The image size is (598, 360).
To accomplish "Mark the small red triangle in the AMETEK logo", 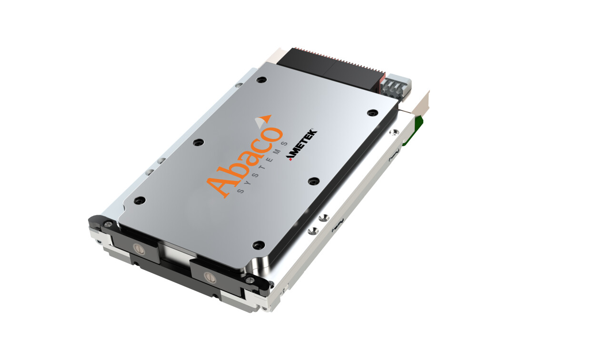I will [x=289, y=159].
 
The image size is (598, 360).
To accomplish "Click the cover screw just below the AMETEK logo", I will [x=313, y=181].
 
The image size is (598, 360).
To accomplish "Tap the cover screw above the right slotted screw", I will [x=259, y=245].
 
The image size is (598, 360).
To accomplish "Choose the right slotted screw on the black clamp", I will [x=208, y=276].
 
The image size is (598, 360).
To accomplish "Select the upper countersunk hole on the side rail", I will [x=324, y=218].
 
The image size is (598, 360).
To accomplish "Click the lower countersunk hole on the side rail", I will [x=312, y=231].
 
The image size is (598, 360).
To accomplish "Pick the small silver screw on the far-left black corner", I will [x=109, y=224].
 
